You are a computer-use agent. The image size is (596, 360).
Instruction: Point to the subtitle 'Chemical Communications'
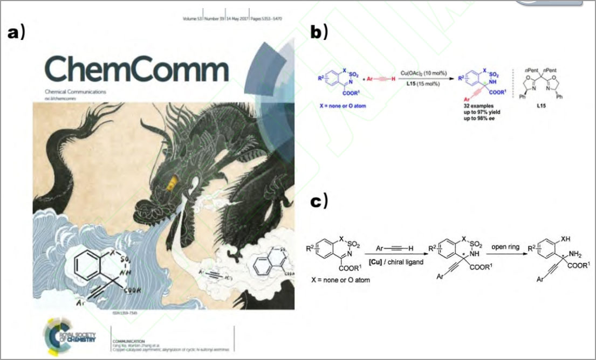[x=75, y=92]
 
